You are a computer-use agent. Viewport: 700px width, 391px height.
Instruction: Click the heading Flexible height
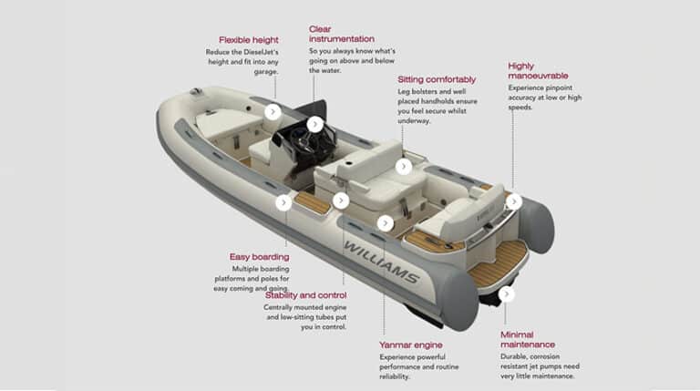(248, 40)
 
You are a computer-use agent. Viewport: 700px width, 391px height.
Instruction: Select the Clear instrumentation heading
(341, 34)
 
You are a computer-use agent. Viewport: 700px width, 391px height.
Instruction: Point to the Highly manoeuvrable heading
(533, 71)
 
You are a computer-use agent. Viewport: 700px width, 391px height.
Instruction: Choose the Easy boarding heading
(260, 256)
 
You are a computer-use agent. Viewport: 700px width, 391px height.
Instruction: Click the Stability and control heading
(305, 294)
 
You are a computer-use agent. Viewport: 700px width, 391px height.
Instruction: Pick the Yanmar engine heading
(410, 345)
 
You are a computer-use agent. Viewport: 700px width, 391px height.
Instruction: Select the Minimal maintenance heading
(527, 339)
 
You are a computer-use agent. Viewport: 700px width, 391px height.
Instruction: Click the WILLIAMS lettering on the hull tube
(380, 262)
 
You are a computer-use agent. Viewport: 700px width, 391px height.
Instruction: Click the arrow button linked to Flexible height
(273, 112)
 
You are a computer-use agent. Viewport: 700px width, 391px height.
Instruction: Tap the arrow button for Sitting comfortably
(403, 167)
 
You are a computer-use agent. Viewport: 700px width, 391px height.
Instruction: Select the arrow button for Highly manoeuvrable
(513, 201)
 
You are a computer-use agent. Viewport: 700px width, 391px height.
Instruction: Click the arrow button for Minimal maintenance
(506, 293)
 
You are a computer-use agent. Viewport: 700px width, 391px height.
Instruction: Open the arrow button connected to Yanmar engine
(385, 222)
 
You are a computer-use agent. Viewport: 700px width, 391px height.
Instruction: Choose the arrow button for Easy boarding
(283, 202)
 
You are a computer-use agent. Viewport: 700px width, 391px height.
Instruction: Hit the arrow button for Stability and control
(341, 201)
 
